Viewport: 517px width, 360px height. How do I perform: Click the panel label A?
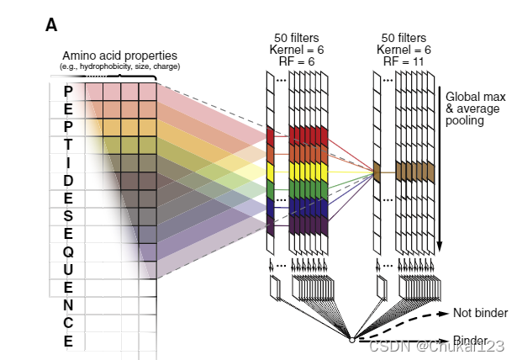pos(50,25)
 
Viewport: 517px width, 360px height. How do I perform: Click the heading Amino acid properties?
pos(120,56)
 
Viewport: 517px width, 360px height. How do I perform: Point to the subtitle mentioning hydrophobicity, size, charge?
pos(120,66)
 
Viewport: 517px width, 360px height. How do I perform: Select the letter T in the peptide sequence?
pos(68,144)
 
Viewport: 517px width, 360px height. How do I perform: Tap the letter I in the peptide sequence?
pos(68,161)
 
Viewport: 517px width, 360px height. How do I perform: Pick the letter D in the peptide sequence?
pos(68,180)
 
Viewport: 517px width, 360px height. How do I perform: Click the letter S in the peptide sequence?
pos(68,215)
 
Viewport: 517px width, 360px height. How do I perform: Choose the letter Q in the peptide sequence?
pos(68,251)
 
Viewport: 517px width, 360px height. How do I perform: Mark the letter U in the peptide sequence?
pos(68,269)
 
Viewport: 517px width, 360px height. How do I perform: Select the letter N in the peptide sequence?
pos(68,304)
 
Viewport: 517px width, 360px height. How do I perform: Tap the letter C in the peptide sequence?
pos(68,323)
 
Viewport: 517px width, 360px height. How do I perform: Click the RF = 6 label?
pos(298,61)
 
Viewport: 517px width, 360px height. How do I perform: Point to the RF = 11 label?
pos(403,61)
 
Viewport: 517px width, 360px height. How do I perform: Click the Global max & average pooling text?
pos(476,108)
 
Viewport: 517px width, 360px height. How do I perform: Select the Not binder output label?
pos(480,313)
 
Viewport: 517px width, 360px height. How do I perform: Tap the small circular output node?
pos(351,340)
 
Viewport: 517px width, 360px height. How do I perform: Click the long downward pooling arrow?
pos(439,168)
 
